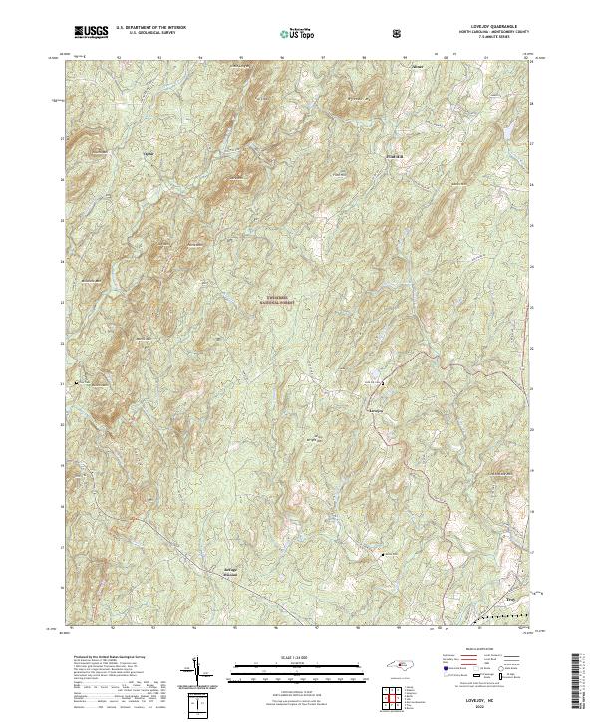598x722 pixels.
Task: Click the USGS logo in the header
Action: (x=92, y=32)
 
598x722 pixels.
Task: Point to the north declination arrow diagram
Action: (x=197, y=671)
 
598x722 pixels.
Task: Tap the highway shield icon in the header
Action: (x=399, y=33)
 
